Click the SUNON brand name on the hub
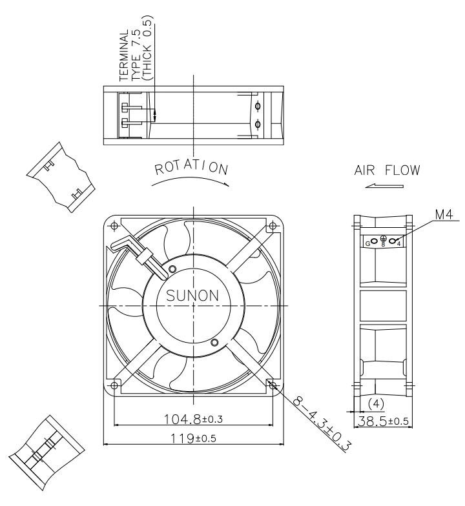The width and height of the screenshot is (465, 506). pos(192,296)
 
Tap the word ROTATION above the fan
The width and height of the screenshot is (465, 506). pos(191,168)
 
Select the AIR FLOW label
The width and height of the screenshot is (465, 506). pos(387,170)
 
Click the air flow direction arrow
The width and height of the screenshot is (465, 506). pos(384,186)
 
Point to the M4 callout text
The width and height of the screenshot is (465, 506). pos(444,214)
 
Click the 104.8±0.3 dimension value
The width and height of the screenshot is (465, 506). pos(193,420)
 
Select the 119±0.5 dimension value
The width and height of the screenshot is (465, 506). pos(193,438)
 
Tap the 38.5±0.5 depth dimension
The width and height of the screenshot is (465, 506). pos(384,421)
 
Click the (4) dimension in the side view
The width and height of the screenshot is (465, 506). pos(376,404)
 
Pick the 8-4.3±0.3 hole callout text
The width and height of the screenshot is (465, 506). pos(322,424)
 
